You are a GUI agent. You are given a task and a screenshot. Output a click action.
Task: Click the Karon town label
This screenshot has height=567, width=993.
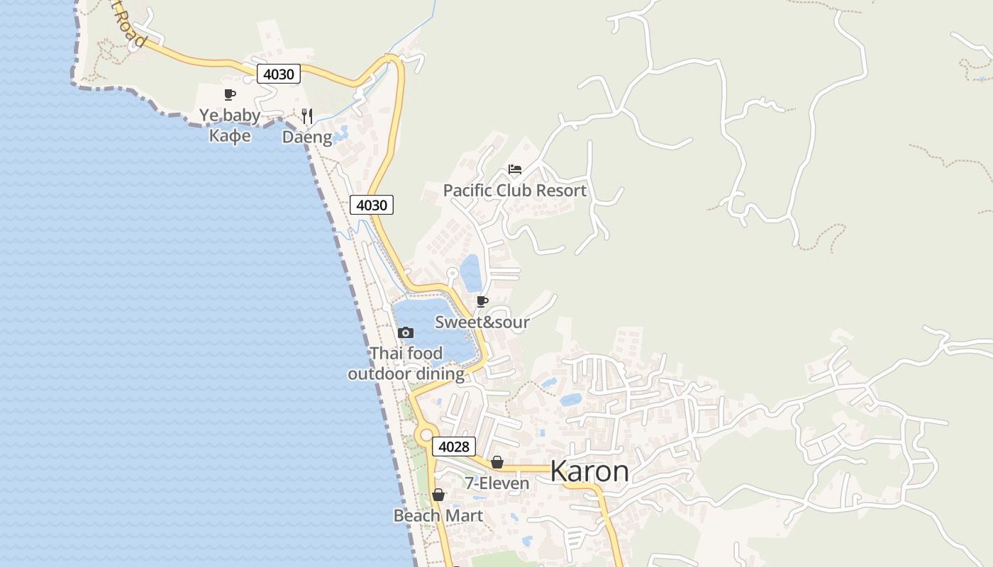point(589,471)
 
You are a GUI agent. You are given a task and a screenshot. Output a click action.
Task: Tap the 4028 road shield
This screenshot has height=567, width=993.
point(453,447)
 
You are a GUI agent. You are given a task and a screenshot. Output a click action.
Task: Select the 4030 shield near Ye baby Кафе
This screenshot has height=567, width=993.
point(279,74)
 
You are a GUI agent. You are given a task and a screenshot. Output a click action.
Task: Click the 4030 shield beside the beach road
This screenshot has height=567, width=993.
point(371,206)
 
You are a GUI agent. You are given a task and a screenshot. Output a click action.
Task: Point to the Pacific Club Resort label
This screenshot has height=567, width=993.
point(514,191)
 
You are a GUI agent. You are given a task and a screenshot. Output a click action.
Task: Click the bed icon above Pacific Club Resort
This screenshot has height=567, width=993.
point(515,169)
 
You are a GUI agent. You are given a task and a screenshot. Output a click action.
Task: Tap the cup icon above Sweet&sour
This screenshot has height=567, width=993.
point(482,302)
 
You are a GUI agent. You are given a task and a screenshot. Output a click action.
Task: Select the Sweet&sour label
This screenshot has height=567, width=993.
point(482,322)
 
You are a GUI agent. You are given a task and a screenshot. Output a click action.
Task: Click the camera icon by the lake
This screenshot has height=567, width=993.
point(406,332)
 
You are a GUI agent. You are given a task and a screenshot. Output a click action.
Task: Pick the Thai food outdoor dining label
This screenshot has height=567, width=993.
point(406,363)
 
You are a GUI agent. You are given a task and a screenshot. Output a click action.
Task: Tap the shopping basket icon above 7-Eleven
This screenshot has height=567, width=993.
point(497,463)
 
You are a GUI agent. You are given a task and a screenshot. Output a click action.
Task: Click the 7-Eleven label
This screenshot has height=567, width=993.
point(496,483)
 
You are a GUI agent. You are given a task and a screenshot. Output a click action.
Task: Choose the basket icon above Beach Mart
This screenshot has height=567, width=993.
point(438,495)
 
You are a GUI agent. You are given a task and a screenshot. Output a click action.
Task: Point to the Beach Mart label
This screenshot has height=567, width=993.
point(438,515)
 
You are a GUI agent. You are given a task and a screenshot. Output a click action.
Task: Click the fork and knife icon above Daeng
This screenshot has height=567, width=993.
point(307,116)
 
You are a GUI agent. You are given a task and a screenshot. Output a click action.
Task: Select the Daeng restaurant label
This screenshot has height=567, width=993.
point(307,137)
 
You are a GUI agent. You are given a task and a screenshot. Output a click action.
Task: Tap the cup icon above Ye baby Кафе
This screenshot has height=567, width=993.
point(229,94)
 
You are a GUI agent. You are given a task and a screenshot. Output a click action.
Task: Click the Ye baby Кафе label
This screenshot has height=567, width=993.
point(229,125)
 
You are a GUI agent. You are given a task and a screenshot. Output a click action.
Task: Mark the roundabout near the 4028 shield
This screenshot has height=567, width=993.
point(426,436)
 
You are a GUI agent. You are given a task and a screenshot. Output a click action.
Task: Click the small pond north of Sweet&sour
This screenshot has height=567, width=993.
point(471,273)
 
